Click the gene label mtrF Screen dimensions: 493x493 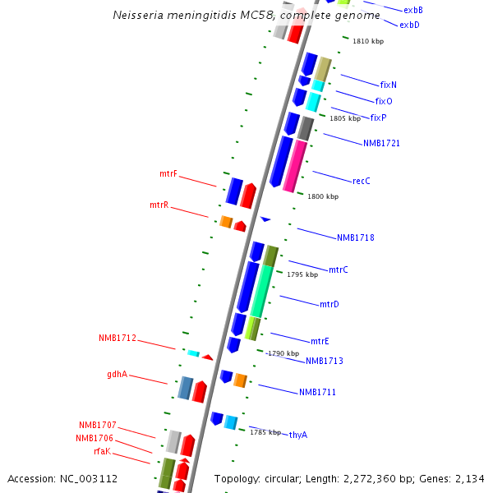[x=168, y=174]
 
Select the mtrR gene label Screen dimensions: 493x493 [x=159, y=205]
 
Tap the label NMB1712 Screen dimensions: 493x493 [x=117, y=338]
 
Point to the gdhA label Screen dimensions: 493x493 [x=117, y=374]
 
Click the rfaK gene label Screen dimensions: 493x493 [x=103, y=451]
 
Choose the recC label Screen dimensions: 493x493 [x=362, y=181]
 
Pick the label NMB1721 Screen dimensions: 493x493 [x=382, y=143]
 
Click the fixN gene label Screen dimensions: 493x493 [x=389, y=85]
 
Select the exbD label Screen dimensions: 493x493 [x=410, y=25]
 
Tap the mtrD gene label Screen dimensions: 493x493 [x=329, y=304]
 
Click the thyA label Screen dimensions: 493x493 [x=298, y=435]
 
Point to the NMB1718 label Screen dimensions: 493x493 [x=356, y=237]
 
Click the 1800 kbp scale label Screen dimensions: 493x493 [x=323, y=196]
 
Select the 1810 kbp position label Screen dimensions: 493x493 [x=368, y=41]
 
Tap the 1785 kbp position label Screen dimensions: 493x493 [x=265, y=431]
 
